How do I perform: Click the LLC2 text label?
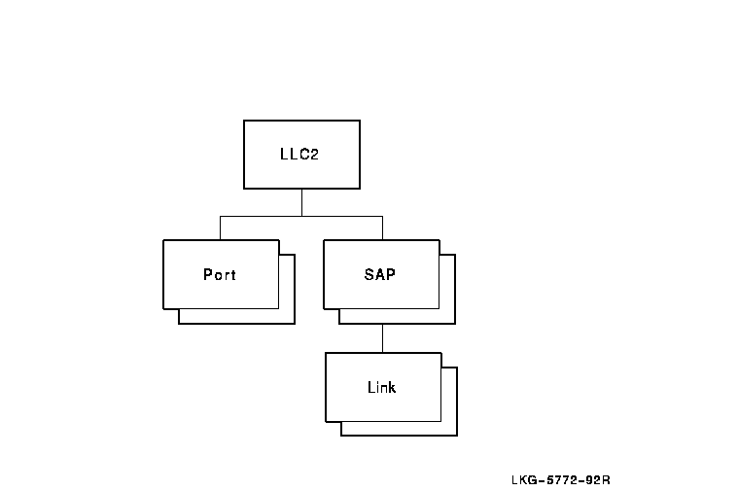pos(299,154)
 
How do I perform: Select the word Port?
pos(220,274)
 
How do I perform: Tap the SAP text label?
pos(380,274)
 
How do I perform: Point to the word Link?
pos(381,387)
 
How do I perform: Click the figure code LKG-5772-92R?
pos(560,479)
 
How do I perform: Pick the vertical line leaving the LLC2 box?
pos(301,201)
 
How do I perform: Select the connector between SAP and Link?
pos(382,337)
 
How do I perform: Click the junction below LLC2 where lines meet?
pos(301,215)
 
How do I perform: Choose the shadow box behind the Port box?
pos(287,316)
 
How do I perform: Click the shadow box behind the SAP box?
pos(447,316)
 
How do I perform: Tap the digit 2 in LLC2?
pos(314,154)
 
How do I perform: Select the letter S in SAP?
pos(369,274)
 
